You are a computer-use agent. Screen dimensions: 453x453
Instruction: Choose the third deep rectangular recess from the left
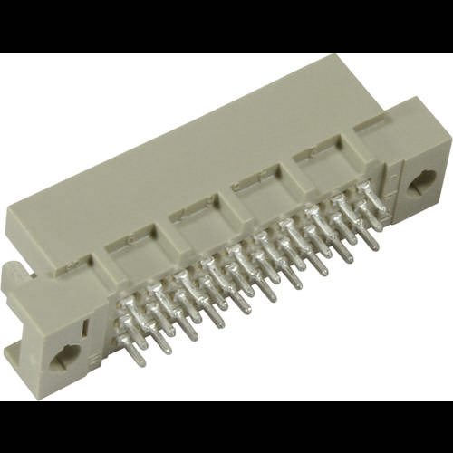click(257, 195)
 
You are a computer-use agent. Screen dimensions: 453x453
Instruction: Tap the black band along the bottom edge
click(226, 426)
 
